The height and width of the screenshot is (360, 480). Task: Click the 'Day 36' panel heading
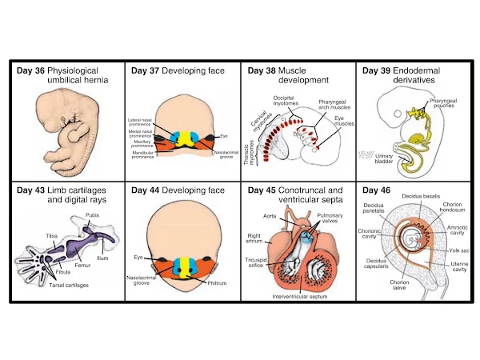click(x=31, y=70)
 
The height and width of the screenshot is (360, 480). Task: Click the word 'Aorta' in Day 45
click(x=270, y=216)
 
